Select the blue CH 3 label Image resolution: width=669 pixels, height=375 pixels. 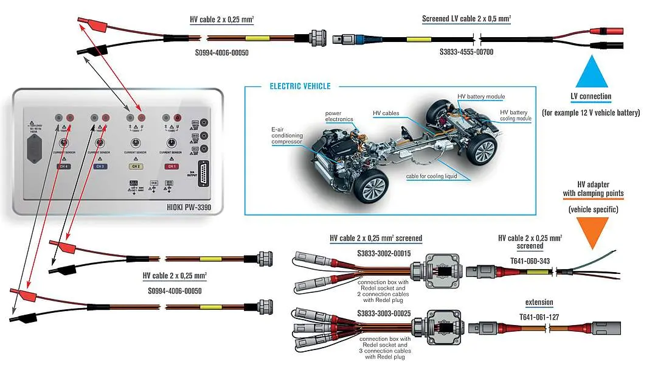click(x=99, y=166)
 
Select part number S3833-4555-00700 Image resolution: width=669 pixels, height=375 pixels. click(x=466, y=52)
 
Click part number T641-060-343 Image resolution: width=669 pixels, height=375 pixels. click(x=530, y=261)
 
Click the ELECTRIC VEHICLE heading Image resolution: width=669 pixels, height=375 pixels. click(x=300, y=86)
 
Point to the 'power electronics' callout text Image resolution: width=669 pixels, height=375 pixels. click(x=339, y=116)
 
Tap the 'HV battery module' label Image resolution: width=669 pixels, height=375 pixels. click(x=481, y=97)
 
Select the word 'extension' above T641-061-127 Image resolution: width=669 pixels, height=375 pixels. click(x=539, y=303)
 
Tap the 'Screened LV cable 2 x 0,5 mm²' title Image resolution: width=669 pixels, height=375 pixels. click(x=466, y=19)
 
